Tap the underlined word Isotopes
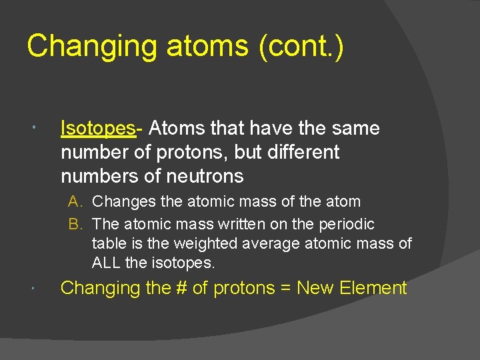pyautogui.click(x=97, y=129)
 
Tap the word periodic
pyautogui.click(x=344, y=225)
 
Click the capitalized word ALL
pyautogui.click(x=106, y=263)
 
